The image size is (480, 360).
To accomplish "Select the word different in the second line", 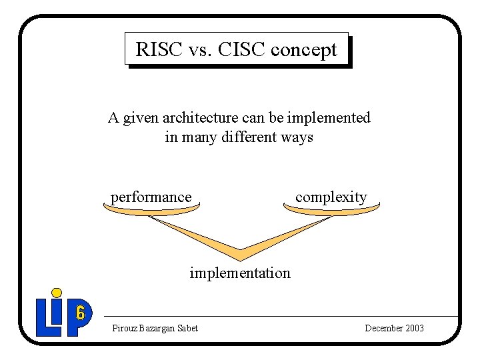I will (246, 137).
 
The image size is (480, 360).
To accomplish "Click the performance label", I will (151, 197).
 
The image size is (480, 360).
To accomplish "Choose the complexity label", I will (331, 197).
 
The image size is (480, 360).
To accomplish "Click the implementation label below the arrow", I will (240, 273).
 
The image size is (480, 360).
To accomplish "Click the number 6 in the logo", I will (80, 312).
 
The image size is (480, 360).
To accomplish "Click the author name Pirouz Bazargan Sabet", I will (155, 328).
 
